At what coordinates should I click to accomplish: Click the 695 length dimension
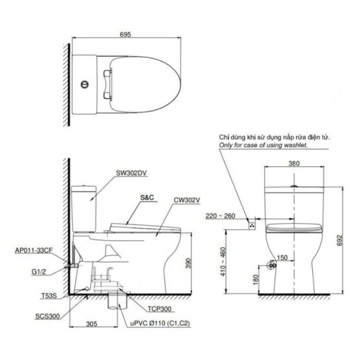click(x=125, y=34)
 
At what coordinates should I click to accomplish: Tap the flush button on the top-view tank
click(x=85, y=84)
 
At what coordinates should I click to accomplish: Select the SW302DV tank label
click(x=131, y=173)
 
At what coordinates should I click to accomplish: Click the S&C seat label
click(x=147, y=197)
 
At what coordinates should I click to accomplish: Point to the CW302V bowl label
click(x=187, y=200)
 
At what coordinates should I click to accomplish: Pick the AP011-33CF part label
click(x=34, y=250)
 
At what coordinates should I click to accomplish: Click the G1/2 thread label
click(x=38, y=272)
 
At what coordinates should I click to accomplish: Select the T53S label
click(x=49, y=296)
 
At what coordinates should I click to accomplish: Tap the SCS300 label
click(x=47, y=316)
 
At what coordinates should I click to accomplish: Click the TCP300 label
click(x=160, y=309)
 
